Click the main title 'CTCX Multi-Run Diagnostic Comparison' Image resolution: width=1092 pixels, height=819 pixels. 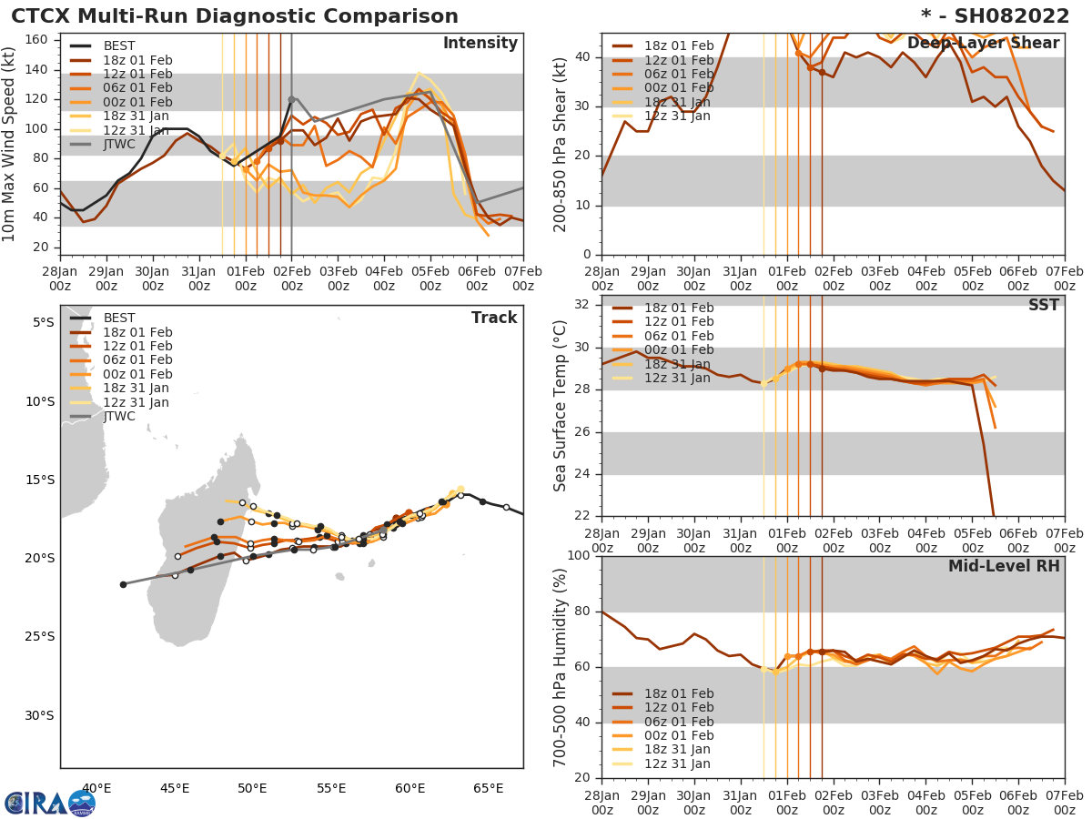point(235,16)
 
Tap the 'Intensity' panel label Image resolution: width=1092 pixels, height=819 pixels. point(480,44)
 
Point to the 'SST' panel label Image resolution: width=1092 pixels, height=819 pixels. point(1043,306)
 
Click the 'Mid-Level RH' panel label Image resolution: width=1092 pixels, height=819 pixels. point(1004,566)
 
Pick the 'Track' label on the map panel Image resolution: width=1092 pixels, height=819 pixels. point(494,318)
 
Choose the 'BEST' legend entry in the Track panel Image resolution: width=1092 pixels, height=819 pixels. point(119,318)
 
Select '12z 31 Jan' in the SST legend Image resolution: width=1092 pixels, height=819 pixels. point(677,379)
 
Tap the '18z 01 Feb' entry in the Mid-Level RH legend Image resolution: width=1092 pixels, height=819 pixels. point(677,694)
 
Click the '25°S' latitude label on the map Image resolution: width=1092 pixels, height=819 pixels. point(39,636)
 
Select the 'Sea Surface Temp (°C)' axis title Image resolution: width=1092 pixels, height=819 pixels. point(561,406)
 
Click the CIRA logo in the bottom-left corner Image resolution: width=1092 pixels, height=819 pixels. point(50,803)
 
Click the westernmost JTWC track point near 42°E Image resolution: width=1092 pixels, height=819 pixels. point(123,584)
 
